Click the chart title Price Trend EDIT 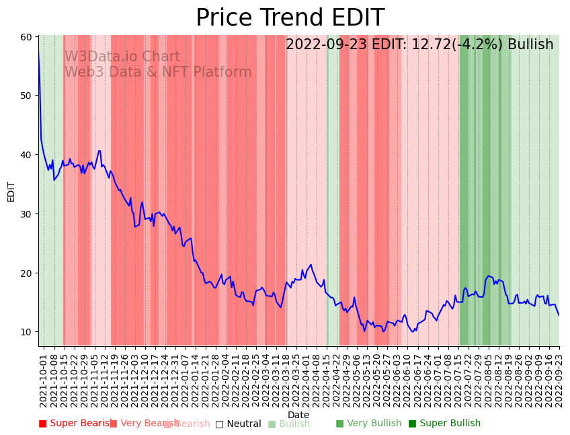(290, 18)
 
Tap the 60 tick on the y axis (26, 36)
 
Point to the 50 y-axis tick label (26, 96)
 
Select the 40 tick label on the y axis (26, 155)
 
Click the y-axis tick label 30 (26, 214)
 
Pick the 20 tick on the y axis (26, 273)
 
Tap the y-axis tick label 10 (26, 332)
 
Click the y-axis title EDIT (11, 191)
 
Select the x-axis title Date (298, 415)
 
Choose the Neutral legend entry (239, 424)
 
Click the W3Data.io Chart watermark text (122, 57)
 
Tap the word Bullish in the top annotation (530, 45)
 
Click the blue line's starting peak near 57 (39, 55)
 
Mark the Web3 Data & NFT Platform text (158, 72)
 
